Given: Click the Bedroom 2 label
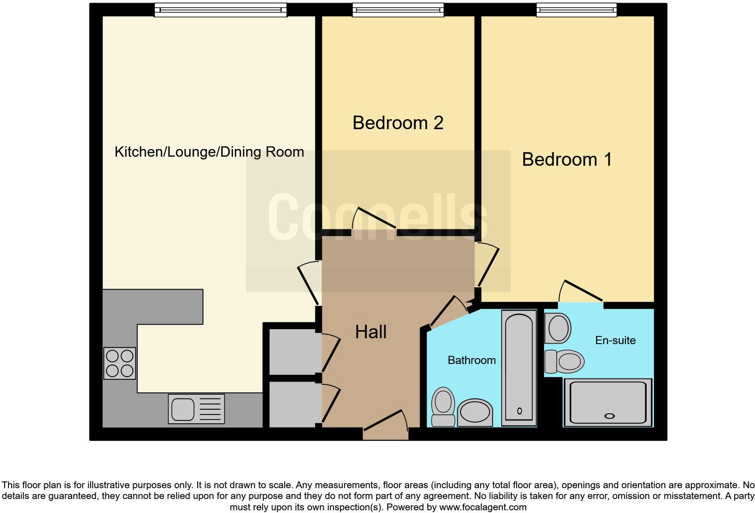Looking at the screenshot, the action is click(398, 123).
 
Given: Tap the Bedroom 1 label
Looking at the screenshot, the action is click(567, 159).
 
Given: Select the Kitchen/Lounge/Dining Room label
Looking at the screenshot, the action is click(210, 152).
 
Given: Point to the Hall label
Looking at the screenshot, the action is click(371, 332).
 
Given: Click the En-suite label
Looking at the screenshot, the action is click(615, 340).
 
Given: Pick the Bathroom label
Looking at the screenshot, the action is click(471, 360).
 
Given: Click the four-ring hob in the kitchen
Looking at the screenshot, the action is click(120, 364).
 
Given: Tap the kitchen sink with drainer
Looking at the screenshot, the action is click(196, 409).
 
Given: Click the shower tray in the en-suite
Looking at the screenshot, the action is click(608, 402).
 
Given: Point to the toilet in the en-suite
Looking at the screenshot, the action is click(564, 362).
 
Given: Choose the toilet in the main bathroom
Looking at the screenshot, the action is click(443, 407).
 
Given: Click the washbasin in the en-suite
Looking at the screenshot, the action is click(558, 328).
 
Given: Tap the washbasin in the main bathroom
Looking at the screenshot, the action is click(475, 413).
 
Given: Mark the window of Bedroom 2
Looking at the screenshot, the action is click(398, 10).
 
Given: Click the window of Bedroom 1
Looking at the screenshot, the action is click(577, 10).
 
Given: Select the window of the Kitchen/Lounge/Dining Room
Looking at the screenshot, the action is click(220, 10).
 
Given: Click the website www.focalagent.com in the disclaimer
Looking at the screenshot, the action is click(483, 507).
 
